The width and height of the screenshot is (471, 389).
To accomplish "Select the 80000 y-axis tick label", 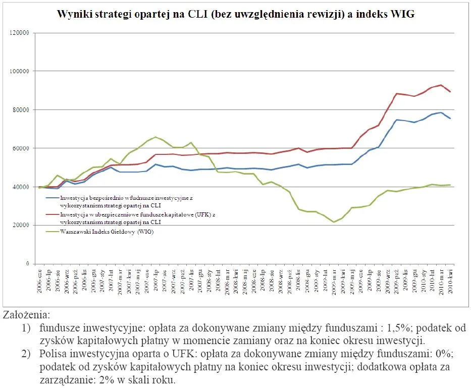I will coord(20,110).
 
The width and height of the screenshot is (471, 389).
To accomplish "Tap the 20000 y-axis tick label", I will coord(20,226).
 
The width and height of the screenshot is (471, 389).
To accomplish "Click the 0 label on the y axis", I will coord(28,264).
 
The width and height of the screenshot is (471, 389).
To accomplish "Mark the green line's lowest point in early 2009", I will coord(334,222).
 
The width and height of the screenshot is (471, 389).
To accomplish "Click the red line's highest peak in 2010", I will coord(441,85).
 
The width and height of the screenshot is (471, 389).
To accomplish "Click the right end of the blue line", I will coord(450,119).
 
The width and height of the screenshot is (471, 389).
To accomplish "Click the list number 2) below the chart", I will coord(26,354).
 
